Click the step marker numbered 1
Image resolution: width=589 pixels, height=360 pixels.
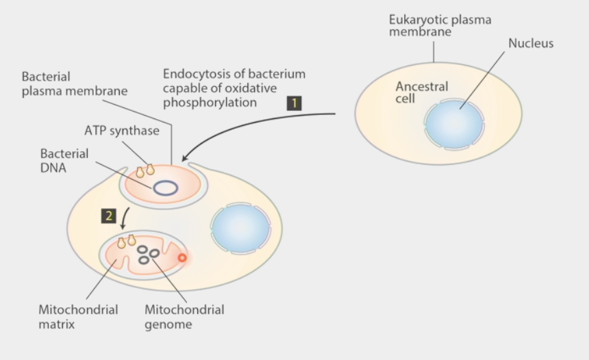pos(294,103)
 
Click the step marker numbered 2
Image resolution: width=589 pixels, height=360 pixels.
pos(108,216)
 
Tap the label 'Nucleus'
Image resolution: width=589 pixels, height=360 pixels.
pos(530,44)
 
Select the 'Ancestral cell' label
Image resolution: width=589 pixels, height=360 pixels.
pos(421,93)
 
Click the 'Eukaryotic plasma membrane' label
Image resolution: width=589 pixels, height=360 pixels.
pos(440,26)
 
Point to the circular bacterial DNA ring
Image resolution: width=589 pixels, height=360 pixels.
pos(166,188)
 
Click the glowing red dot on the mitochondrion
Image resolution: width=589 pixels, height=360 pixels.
pos(182,258)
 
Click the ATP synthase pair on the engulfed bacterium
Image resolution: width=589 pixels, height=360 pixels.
pos(145,170)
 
